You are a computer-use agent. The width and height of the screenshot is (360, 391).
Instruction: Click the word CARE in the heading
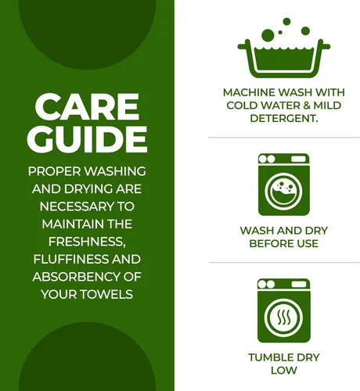click(87, 107)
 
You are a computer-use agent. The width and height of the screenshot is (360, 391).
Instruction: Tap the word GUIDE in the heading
click(87, 138)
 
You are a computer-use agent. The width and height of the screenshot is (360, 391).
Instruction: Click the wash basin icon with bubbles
click(284, 48)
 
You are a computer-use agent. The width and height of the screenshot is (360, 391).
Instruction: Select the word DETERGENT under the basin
click(283, 119)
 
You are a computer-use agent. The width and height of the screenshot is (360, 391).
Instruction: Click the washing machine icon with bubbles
click(284, 185)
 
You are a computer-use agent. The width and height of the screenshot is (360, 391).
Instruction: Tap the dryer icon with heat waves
click(284, 310)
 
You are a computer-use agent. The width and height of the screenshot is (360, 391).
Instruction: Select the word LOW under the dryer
click(284, 371)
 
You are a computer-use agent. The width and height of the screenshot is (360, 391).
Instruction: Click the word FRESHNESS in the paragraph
click(86, 242)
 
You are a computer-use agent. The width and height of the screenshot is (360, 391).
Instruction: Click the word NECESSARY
click(77, 206)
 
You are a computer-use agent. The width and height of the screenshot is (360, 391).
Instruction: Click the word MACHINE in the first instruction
click(249, 92)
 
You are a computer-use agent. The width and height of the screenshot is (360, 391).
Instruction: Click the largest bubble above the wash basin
click(268, 35)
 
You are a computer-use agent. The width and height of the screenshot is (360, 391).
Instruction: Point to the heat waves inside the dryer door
click(284, 317)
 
